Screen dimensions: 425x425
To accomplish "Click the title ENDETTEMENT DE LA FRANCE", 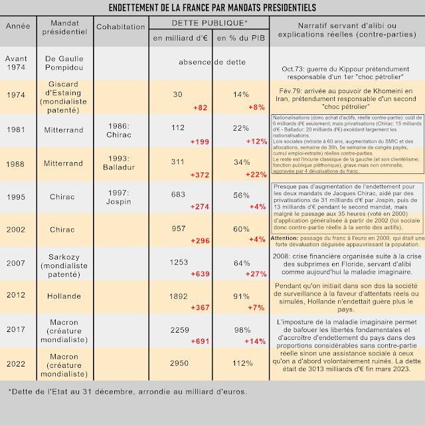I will pyautogui.click(x=212, y=7).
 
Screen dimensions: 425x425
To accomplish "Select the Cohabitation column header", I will pyautogui.click(x=120, y=27).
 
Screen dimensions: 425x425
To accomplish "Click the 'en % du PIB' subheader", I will pyautogui.click(x=240, y=38).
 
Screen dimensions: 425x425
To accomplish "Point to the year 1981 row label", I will pyautogui.click(x=15, y=130).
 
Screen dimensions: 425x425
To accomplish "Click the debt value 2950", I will pyautogui.click(x=179, y=363).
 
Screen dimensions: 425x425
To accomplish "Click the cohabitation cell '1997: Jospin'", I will pyautogui.click(x=120, y=197).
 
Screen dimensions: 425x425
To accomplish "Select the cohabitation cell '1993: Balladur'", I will pyautogui.click(x=120, y=163).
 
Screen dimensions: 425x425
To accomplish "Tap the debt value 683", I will pyautogui.click(x=177, y=195).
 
